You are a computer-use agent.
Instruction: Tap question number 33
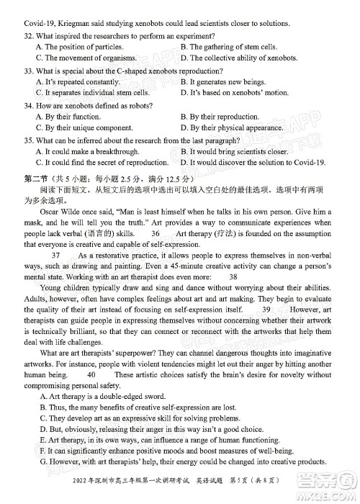27,71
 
